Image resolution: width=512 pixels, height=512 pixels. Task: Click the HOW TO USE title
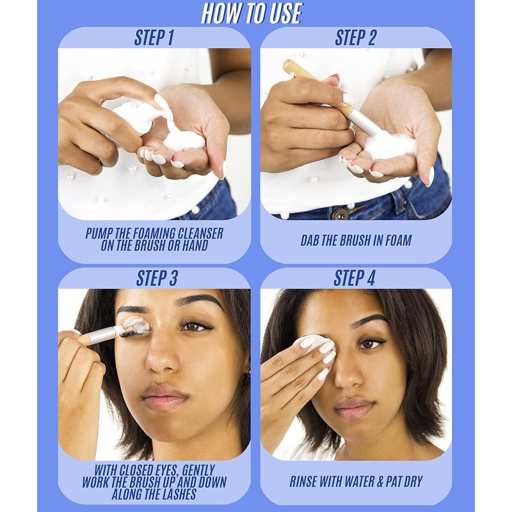(x=252, y=13)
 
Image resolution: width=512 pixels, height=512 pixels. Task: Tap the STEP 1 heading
(x=154, y=38)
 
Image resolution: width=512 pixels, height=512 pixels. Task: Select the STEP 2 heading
(x=355, y=38)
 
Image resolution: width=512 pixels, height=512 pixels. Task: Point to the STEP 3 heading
(x=156, y=278)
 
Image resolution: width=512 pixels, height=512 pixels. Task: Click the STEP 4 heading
(x=355, y=278)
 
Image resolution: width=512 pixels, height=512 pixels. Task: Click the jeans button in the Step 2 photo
(x=340, y=214)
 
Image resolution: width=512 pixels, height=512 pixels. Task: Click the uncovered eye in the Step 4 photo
(x=370, y=343)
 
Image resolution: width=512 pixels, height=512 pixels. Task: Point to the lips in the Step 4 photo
(x=355, y=408)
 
